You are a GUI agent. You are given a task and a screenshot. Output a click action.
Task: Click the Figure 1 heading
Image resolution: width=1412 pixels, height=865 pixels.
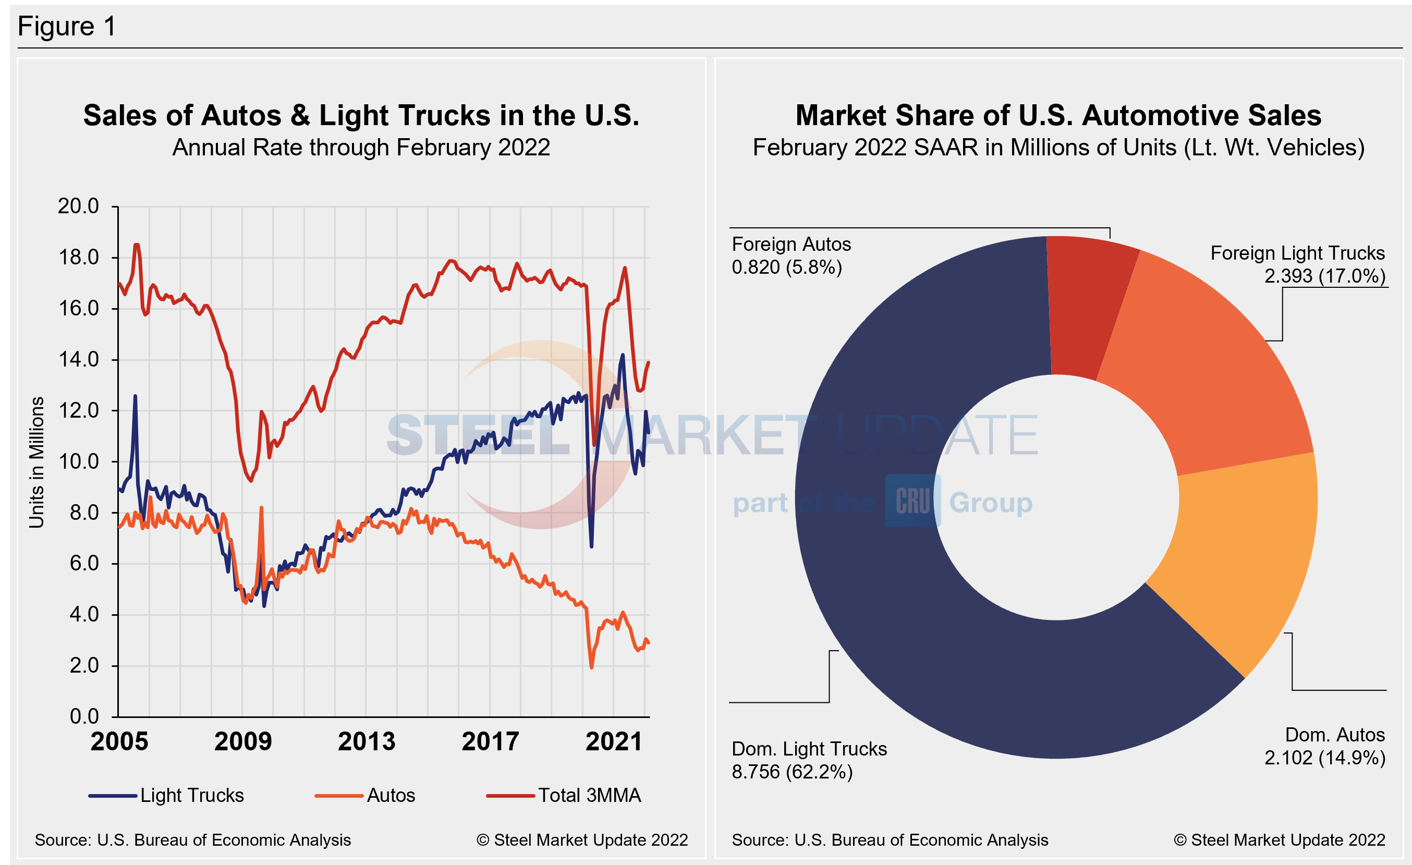tap(67, 27)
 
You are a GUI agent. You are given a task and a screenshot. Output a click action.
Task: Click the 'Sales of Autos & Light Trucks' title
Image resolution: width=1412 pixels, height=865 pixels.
tap(361, 116)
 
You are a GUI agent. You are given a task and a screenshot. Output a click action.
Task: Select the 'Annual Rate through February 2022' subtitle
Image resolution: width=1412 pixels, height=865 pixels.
tap(361, 148)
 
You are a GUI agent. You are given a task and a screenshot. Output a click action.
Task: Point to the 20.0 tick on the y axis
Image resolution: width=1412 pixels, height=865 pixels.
tap(79, 206)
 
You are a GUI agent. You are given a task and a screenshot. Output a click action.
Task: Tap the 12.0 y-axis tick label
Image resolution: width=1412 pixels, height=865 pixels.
tap(79, 411)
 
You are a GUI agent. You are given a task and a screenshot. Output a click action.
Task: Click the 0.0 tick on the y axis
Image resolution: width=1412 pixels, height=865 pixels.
tap(84, 716)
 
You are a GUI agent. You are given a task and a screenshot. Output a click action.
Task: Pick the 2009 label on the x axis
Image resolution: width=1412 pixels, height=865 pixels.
tap(243, 742)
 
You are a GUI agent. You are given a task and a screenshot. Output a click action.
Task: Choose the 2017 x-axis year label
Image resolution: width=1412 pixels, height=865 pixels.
tap(491, 742)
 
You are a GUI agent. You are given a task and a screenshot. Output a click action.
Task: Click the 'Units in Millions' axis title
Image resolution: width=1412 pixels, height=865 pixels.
tap(36, 462)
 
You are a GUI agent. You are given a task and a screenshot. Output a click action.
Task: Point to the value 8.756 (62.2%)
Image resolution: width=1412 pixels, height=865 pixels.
tap(792, 772)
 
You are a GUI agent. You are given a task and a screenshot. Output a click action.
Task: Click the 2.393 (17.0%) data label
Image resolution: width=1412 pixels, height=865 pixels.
tap(1324, 276)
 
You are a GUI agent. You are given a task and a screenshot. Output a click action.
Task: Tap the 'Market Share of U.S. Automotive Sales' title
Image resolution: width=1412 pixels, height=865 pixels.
tap(1058, 116)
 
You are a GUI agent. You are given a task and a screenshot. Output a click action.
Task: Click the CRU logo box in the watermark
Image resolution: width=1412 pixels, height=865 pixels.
tap(913, 501)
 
